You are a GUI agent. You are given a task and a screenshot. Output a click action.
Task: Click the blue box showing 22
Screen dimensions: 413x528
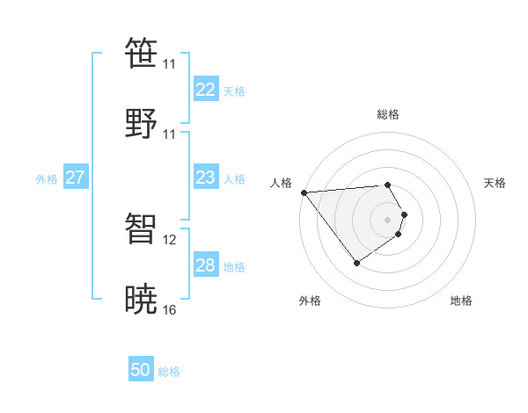pyautogui.click(x=206, y=90)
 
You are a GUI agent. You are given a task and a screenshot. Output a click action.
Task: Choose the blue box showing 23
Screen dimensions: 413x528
pyautogui.click(x=206, y=178)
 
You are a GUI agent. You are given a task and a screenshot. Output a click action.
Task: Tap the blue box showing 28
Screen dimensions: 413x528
pyautogui.click(x=206, y=265)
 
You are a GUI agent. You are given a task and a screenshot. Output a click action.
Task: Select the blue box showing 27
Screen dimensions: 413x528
pyautogui.click(x=76, y=178)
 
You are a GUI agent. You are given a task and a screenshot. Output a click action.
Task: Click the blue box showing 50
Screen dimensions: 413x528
pyautogui.click(x=141, y=371)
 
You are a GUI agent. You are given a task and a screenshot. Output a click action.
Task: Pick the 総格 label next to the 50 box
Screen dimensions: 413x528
pyautogui.click(x=169, y=372)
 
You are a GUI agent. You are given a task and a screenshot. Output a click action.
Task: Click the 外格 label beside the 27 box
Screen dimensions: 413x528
pyautogui.click(x=47, y=179)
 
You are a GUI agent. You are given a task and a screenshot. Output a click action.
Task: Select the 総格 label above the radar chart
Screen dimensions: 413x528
pyautogui.click(x=388, y=114)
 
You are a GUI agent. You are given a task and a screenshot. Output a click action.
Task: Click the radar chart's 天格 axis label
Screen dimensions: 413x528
pyautogui.click(x=495, y=183)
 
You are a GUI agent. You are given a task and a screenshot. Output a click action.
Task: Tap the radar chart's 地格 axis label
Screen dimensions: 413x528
pyautogui.click(x=461, y=301)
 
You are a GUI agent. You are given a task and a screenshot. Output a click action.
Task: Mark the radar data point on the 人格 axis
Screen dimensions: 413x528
pyautogui.click(x=304, y=192)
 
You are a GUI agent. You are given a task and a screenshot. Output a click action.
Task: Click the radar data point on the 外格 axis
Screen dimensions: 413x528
pyautogui.click(x=356, y=263)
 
